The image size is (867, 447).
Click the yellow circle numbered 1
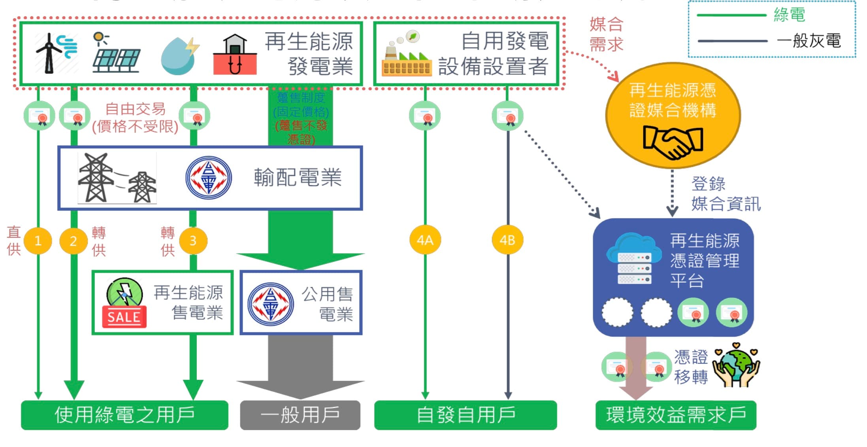coord(38,241)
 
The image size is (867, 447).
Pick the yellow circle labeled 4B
coord(507,240)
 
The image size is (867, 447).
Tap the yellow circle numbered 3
coord(193,241)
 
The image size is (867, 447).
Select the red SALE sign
coord(124,317)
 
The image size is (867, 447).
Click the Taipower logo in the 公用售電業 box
coord(271,304)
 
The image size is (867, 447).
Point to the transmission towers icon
coord(117,178)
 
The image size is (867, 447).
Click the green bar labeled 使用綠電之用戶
coord(124,415)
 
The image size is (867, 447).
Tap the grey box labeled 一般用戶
coord(300,415)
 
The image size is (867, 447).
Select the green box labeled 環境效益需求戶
coord(676,415)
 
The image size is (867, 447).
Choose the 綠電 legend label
coord(789,15)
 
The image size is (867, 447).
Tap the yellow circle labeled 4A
coord(425,240)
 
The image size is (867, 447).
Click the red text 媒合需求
coord(606,34)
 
